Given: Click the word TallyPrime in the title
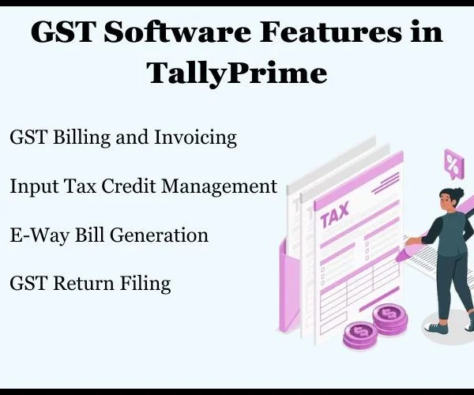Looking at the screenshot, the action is (x=237, y=73).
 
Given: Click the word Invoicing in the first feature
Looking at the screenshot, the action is (x=195, y=137).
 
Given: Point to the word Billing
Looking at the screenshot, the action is (x=81, y=137).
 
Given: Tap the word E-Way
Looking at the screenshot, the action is (x=39, y=235).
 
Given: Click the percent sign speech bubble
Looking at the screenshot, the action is (x=453, y=164).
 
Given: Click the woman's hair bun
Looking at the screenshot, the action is (x=458, y=192).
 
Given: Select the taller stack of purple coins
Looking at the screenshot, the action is (x=389, y=319).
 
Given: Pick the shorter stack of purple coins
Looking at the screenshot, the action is (x=360, y=336).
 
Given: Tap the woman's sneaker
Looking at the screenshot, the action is (x=437, y=328).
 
